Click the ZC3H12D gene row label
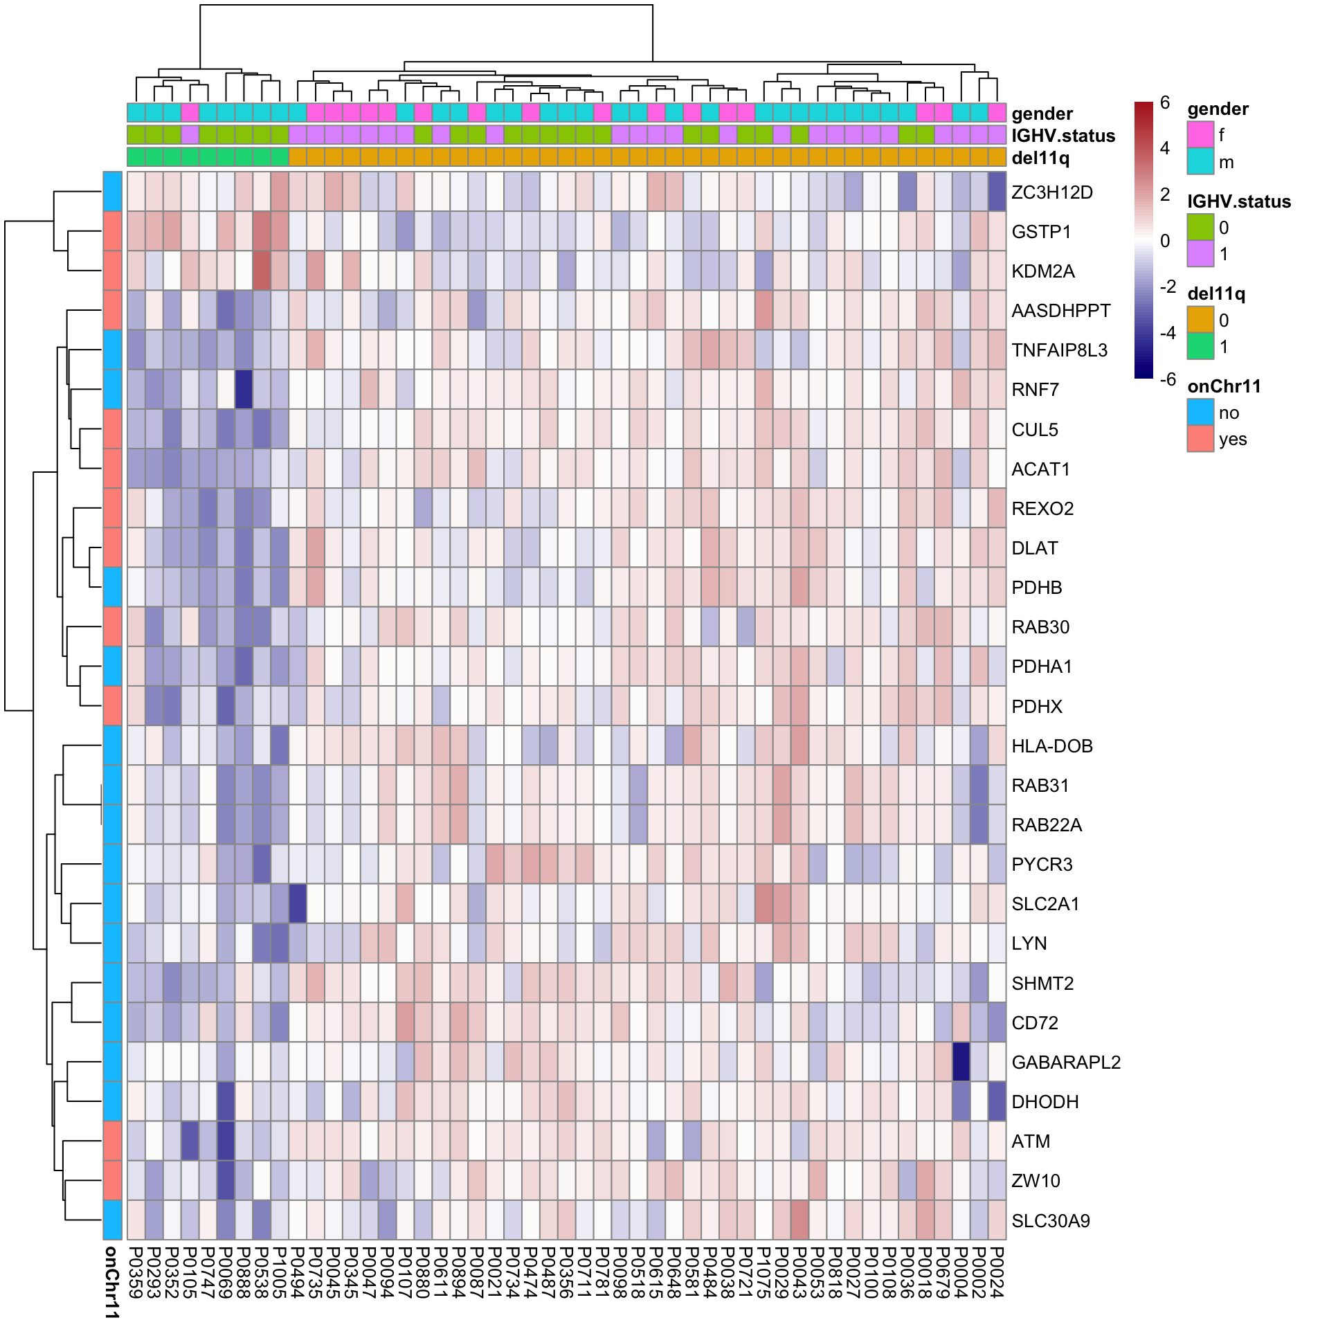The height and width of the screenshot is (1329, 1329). tap(1051, 192)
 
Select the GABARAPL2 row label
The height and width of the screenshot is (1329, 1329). tap(1065, 1063)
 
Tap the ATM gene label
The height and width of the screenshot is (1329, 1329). tap(1031, 1141)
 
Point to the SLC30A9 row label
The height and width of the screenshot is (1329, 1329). tap(1050, 1221)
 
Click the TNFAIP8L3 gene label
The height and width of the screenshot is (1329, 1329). tap(1059, 350)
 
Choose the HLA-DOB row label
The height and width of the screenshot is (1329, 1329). tap(1051, 746)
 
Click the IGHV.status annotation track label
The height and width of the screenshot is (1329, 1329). tap(1063, 136)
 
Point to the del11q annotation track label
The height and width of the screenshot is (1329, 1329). tap(1040, 158)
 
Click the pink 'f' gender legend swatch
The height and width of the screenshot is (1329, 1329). tap(1200, 134)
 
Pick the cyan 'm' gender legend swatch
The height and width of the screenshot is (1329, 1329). tap(1200, 161)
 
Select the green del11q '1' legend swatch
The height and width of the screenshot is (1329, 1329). tap(1200, 346)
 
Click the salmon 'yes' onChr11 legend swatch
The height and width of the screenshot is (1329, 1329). tap(1200, 439)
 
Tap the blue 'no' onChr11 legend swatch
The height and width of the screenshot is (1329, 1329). tap(1200, 412)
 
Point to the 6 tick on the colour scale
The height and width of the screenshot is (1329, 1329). tap(1165, 103)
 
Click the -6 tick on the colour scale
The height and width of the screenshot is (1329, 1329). tap(1167, 379)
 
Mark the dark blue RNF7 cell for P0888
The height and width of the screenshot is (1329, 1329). tap(244, 390)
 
